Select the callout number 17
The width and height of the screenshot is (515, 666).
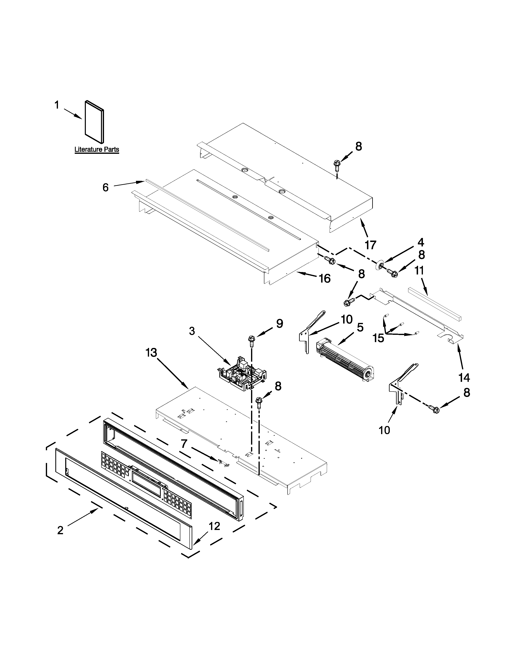(370, 245)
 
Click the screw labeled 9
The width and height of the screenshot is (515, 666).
(252, 341)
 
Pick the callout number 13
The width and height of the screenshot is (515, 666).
(151, 353)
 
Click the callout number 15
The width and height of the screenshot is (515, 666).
(378, 338)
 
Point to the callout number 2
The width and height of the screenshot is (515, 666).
(60, 530)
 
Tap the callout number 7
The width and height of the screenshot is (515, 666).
(183, 444)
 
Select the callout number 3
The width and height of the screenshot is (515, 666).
(192, 331)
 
